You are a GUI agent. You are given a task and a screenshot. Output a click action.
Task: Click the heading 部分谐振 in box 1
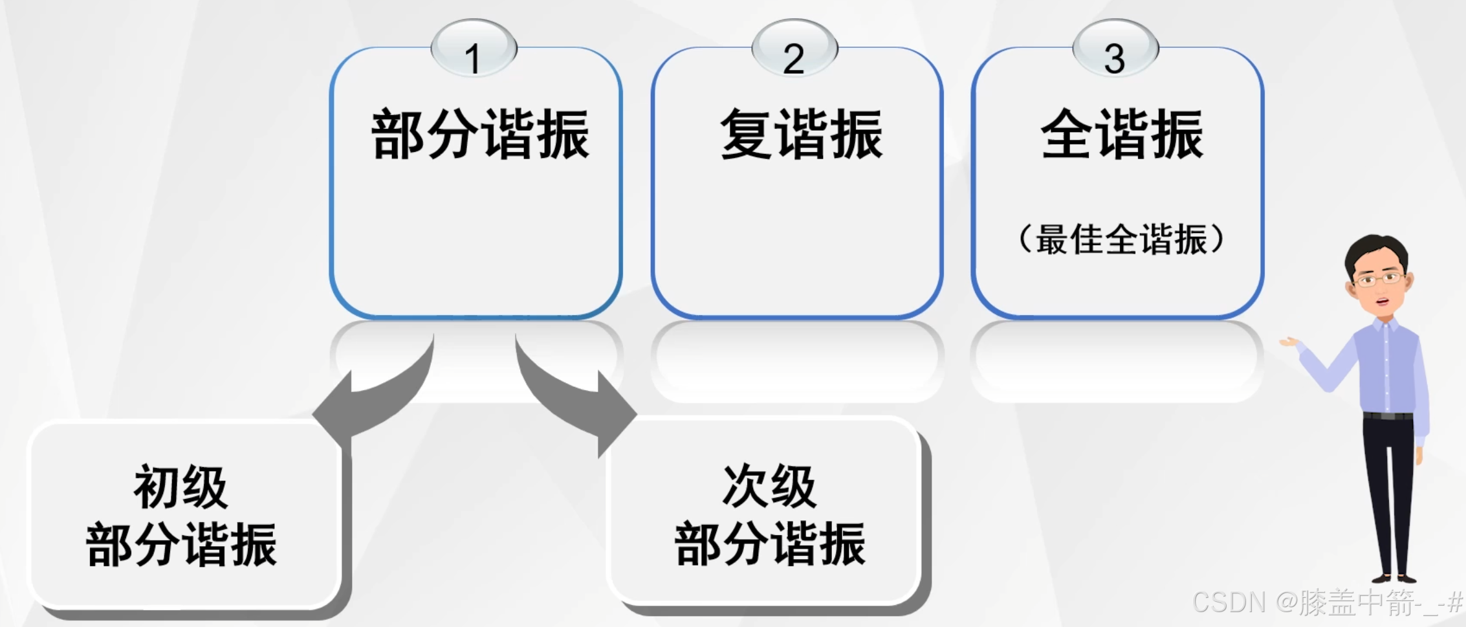(x=480, y=134)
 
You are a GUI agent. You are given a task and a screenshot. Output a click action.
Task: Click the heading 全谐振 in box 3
(x=1122, y=134)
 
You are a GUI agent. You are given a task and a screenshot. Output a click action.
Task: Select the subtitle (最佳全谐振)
(x=1121, y=239)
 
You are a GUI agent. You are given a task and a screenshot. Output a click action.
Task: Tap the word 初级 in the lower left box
(x=181, y=487)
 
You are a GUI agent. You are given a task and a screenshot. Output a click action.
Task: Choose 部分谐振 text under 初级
(x=181, y=545)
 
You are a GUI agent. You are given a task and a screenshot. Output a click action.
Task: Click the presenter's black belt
(x=1388, y=416)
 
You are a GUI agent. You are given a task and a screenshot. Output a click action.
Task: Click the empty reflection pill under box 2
(x=796, y=360)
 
